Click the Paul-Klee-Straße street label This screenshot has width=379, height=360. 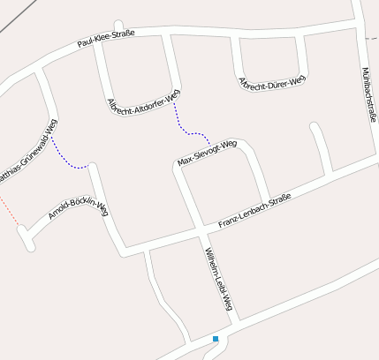pos(105,39)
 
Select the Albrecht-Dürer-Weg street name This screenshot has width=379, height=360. pos(271,81)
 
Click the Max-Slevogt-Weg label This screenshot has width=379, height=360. pos(207,153)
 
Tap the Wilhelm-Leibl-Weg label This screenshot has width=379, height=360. pos(218,279)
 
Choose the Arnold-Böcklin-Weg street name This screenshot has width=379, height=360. pos(78,210)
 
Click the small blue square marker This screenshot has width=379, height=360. pos(215,339)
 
